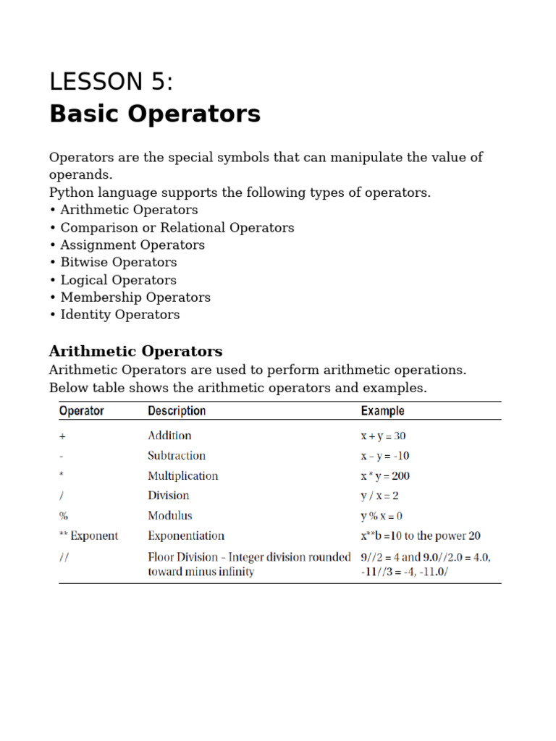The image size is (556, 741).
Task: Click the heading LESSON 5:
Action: (x=111, y=82)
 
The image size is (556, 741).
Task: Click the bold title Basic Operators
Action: (x=154, y=114)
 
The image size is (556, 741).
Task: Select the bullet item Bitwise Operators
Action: (x=118, y=262)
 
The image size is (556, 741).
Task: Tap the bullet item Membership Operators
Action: (x=135, y=297)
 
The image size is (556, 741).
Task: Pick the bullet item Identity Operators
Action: (x=119, y=315)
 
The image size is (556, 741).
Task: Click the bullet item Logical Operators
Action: (x=118, y=280)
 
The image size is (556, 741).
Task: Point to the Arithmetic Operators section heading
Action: (x=135, y=352)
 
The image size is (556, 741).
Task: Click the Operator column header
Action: (x=81, y=411)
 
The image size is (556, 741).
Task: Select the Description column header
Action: (x=177, y=411)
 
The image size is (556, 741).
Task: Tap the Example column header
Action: (x=382, y=411)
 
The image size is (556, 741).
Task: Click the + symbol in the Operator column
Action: (x=63, y=436)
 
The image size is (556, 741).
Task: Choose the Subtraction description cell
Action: (x=176, y=456)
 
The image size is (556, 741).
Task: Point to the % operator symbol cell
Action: (x=64, y=516)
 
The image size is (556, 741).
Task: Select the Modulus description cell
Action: (x=170, y=516)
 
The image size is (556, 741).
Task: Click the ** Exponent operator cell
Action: (x=88, y=536)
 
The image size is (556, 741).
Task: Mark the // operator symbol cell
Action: (x=64, y=557)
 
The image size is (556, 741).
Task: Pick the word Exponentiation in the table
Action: (x=186, y=536)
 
